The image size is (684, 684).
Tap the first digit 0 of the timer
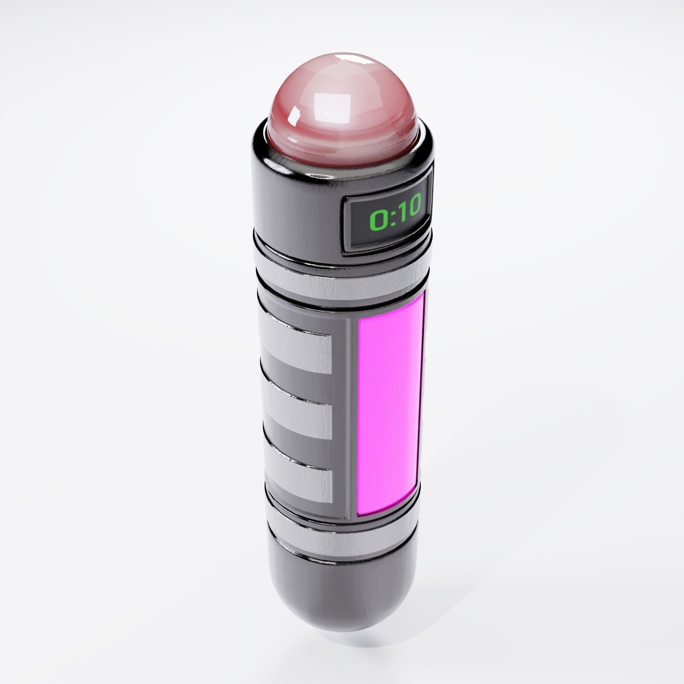pos(377,220)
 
